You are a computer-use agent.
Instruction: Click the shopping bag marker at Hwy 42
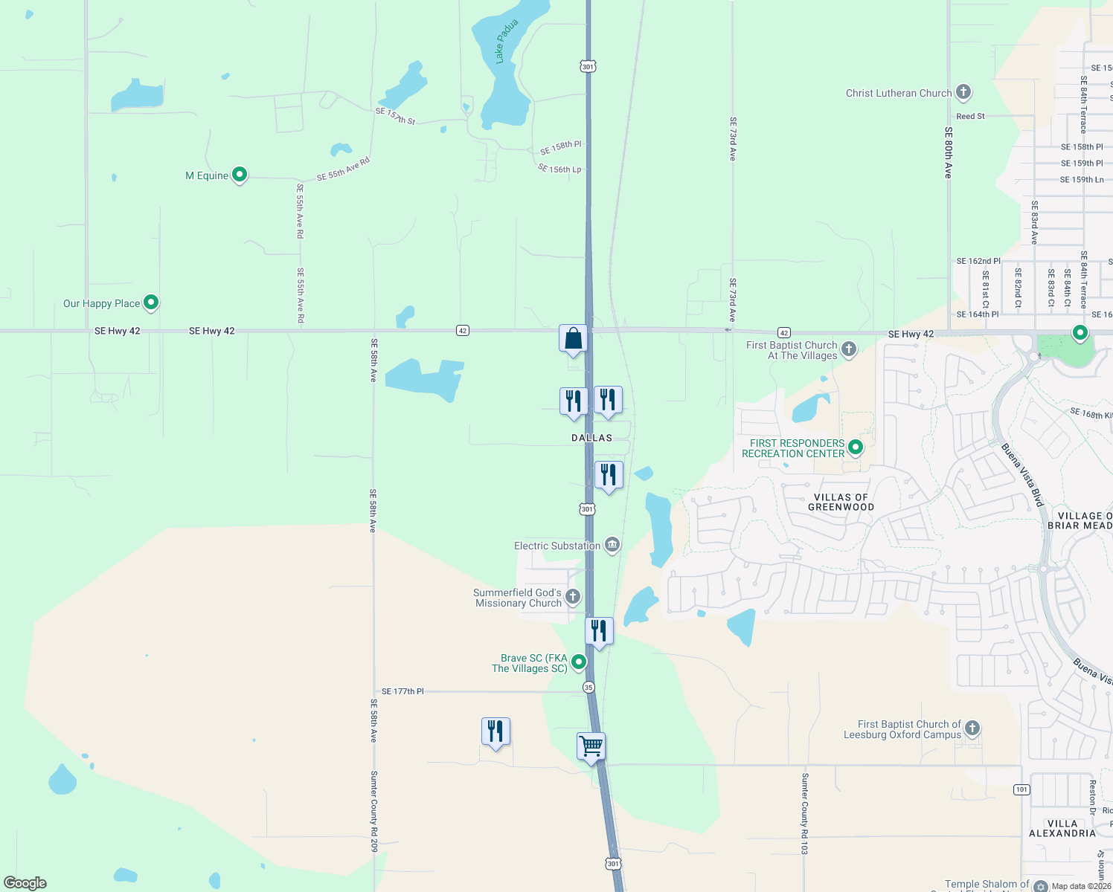[x=574, y=338]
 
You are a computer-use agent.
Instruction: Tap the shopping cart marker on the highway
[x=591, y=746]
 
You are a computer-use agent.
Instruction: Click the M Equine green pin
[x=240, y=175]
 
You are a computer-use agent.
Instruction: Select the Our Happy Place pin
[x=151, y=303]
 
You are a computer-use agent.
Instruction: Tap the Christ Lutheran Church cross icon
[x=963, y=92]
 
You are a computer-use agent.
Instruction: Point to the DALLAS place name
[x=591, y=438]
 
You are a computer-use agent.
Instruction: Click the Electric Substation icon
[x=612, y=546]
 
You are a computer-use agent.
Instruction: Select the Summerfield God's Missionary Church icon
[x=573, y=596]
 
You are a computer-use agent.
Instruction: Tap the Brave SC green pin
[x=579, y=662]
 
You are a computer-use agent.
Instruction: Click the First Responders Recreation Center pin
[x=856, y=447]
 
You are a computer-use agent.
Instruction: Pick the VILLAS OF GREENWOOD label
[x=841, y=502]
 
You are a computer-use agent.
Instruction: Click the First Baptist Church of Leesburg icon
[x=972, y=728]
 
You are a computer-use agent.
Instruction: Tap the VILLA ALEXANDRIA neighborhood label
[x=1062, y=828]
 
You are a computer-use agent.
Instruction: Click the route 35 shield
[x=588, y=687]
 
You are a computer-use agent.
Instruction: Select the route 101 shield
[x=1021, y=789]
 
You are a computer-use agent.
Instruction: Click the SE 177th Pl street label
[x=402, y=691]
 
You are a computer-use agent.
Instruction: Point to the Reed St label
[x=970, y=117]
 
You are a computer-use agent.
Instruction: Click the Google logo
[x=25, y=882]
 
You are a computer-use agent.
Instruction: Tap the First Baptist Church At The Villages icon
[x=849, y=349]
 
